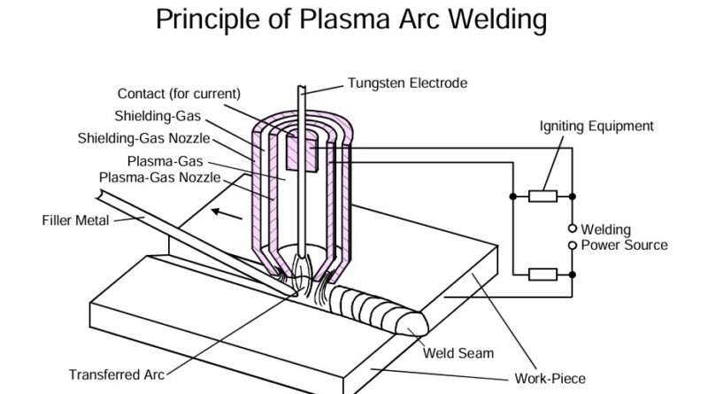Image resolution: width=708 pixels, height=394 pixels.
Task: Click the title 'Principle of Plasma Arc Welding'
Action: pyautogui.click(x=351, y=19)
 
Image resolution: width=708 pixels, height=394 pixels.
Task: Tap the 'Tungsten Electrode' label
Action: pyautogui.click(x=407, y=83)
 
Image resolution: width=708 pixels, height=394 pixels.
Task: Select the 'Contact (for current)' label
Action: pyautogui.click(x=179, y=93)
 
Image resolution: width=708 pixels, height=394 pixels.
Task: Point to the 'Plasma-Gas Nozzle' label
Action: pyautogui.click(x=158, y=177)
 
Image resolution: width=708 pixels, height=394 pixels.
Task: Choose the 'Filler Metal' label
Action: pyautogui.click(x=75, y=220)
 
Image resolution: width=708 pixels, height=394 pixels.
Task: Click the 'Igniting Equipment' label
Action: pyautogui.click(x=596, y=127)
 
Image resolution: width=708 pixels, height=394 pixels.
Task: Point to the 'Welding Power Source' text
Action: pyautogui.click(x=618, y=237)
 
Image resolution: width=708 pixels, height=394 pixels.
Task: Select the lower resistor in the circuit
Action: pyautogui.click(x=542, y=274)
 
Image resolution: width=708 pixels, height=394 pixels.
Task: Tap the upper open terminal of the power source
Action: pyautogui.click(x=573, y=228)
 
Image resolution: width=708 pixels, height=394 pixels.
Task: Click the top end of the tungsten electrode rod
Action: pyautogui.click(x=302, y=89)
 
